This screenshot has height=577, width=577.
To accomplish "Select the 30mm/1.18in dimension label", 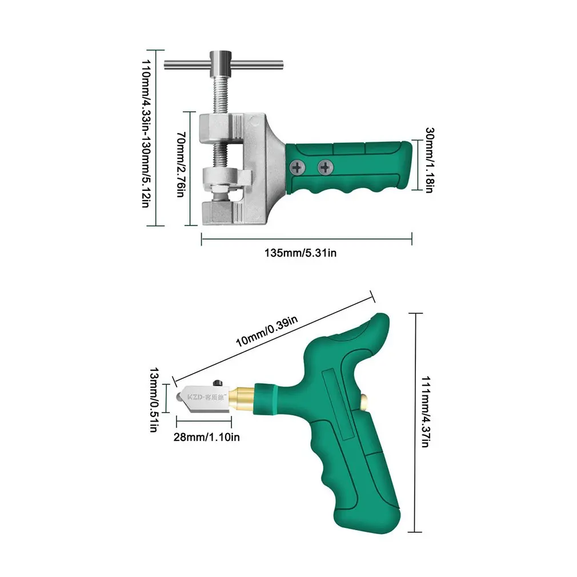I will (x=428, y=159).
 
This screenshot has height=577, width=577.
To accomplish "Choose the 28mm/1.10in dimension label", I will (x=207, y=437).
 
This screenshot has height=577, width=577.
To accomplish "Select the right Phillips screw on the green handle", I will (x=326, y=167).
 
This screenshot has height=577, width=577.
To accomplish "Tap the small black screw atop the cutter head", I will (x=217, y=382).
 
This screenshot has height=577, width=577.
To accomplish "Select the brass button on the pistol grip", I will (x=366, y=402).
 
